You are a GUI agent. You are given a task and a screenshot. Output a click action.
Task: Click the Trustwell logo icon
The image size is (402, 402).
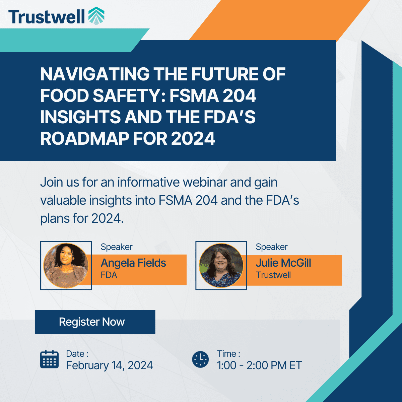click(x=96, y=16)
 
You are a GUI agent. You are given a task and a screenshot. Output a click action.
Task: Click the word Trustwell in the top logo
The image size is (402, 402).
click(x=47, y=16)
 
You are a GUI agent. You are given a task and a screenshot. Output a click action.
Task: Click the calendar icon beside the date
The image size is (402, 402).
click(x=49, y=359)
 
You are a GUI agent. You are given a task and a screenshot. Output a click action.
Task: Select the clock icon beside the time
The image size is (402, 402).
click(x=200, y=359)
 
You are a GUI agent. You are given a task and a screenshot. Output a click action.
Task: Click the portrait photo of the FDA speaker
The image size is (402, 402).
click(x=66, y=266)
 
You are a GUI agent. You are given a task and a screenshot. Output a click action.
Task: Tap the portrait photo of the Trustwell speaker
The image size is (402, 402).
click(x=221, y=266)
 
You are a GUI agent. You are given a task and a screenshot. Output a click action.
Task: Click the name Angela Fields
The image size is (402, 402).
click(x=133, y=263)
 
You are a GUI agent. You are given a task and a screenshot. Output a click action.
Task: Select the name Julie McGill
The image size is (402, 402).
click(x=283, y=263)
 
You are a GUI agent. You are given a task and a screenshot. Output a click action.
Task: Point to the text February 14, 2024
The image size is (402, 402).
click(x=109, y=365)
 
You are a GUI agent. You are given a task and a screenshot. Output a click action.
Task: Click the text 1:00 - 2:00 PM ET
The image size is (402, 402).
click(x=259, y=365)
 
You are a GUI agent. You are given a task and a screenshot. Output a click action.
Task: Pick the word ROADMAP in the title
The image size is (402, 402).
click(x=84, y=139)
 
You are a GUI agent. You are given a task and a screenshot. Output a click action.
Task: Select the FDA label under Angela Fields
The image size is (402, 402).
click(x=109, y=275)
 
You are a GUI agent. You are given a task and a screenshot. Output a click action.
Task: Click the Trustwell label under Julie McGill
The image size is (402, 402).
click(x=273, y=275)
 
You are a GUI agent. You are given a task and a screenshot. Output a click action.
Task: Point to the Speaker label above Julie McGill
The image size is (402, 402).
click(x=272, y=247)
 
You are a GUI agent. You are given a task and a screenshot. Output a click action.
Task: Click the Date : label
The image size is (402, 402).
click(x=77, y=354)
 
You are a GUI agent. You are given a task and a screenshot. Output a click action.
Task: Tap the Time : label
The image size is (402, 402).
click(x=228, y=354)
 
